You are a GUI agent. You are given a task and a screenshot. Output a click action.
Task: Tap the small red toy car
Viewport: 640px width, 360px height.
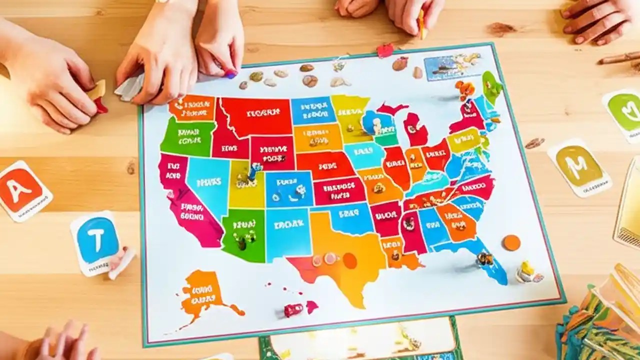293,309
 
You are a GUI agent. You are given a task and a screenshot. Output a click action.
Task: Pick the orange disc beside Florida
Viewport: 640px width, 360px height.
511,242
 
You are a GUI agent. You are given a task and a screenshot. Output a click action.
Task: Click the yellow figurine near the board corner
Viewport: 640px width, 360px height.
527,270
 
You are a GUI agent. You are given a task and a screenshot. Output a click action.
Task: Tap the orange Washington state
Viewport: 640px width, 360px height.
192,107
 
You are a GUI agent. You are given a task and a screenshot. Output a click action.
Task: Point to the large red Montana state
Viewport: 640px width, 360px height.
256,116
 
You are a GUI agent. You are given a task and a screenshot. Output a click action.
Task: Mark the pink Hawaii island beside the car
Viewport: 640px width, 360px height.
312,306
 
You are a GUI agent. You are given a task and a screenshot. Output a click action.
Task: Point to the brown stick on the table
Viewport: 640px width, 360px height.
619,58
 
